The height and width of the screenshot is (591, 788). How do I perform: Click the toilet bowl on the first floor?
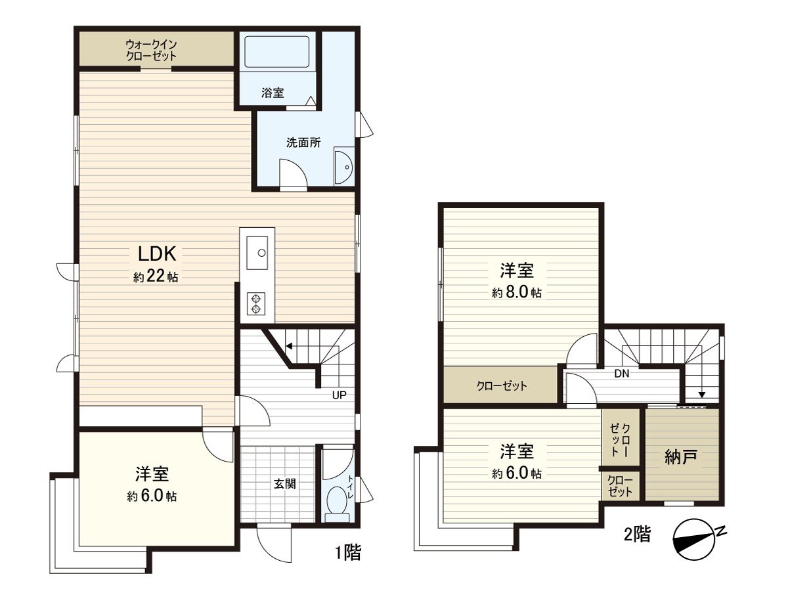pyautogui.click(x=338, y=503)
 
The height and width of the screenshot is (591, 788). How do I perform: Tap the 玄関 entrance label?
pyautogui.click(x=284, y=484)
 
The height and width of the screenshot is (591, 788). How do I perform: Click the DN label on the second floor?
pyautogui.click(x=623, y=374)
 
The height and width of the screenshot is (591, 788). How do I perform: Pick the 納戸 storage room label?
pyautogui.click(x=681, y=458)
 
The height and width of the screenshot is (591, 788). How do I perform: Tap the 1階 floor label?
pyautogui.click(x=347, y=553)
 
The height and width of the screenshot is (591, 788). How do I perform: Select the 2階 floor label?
pyautogui.click(x=636, y=534)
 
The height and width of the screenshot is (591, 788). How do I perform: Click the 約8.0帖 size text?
pyautogui.click(x=517, y=293)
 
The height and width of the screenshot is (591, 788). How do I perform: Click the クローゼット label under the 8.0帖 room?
pyautogui.click(x=502, y=386)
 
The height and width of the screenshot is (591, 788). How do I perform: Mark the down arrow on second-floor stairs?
pyautogui.click(x=702, y=394)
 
